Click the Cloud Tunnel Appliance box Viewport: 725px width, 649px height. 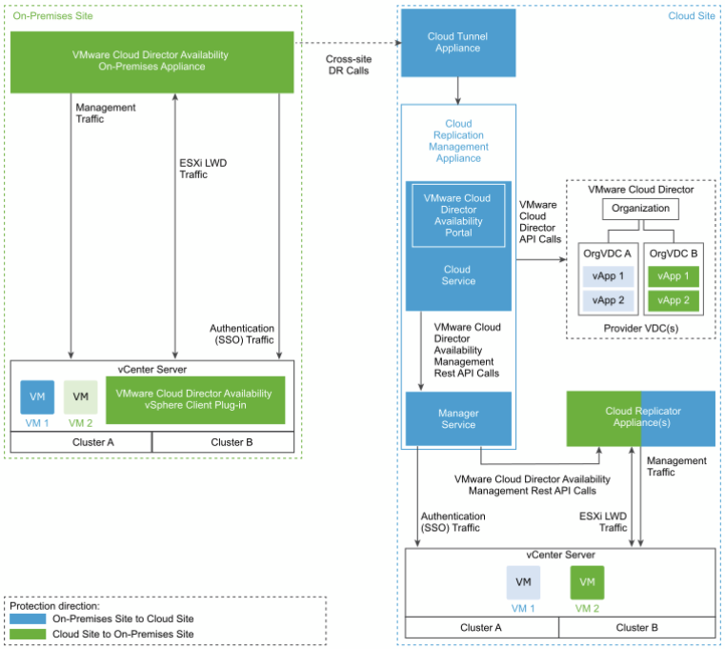tap(458, 43)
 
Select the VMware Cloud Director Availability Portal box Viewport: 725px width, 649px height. tap(458, 215)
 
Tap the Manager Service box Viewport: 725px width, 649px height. tap(458, 418)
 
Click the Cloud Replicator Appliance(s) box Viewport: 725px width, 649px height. tap(641, 418)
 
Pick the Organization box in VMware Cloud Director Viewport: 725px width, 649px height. tap(640, 209)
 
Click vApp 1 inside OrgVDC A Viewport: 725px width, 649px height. tap(608, 276)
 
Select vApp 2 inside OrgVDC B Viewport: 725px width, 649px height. tap(674, 301)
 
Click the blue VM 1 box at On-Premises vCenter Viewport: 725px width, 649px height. tap(37, 396)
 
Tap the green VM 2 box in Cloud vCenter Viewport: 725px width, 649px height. tap(587, 582)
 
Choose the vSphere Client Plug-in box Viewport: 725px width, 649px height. tap(195, 399)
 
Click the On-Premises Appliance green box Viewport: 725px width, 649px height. tap(152, 62)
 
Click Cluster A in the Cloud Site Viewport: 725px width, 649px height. tap(482, 628)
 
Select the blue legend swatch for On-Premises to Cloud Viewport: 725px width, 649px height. tap(28, 619)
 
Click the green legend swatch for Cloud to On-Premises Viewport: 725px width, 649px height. tap(28, 634)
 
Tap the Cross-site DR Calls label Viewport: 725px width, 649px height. tap(349, 65)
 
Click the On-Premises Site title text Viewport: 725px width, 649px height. tap(52, 16)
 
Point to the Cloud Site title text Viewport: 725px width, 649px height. tap(692, 16)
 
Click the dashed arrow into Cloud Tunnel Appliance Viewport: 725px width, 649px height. tap(348, 43)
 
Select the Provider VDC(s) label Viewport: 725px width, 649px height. tap(641, 329)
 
